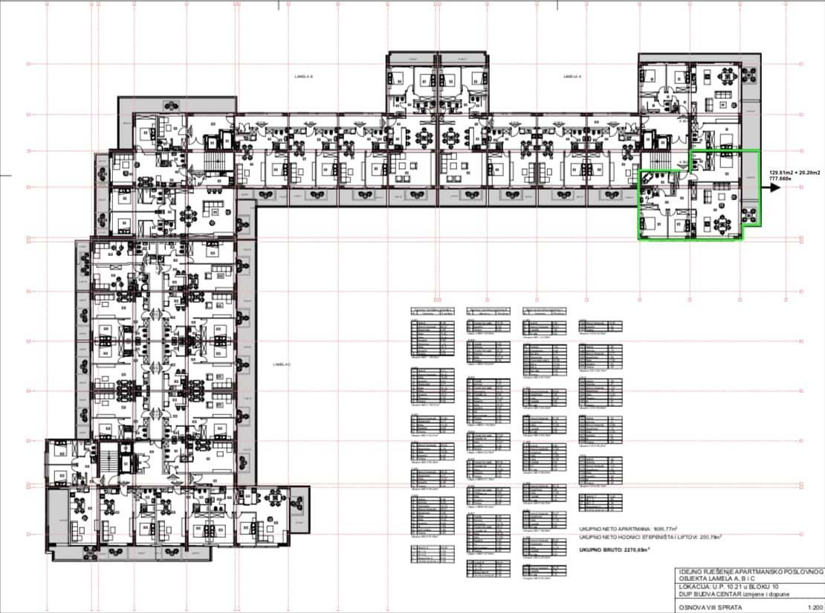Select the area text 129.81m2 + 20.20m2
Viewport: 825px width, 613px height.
point(795,172)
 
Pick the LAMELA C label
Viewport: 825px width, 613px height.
point(281,365)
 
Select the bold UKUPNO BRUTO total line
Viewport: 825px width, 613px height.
point(615,550)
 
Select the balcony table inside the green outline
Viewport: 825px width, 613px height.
point(750,216)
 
